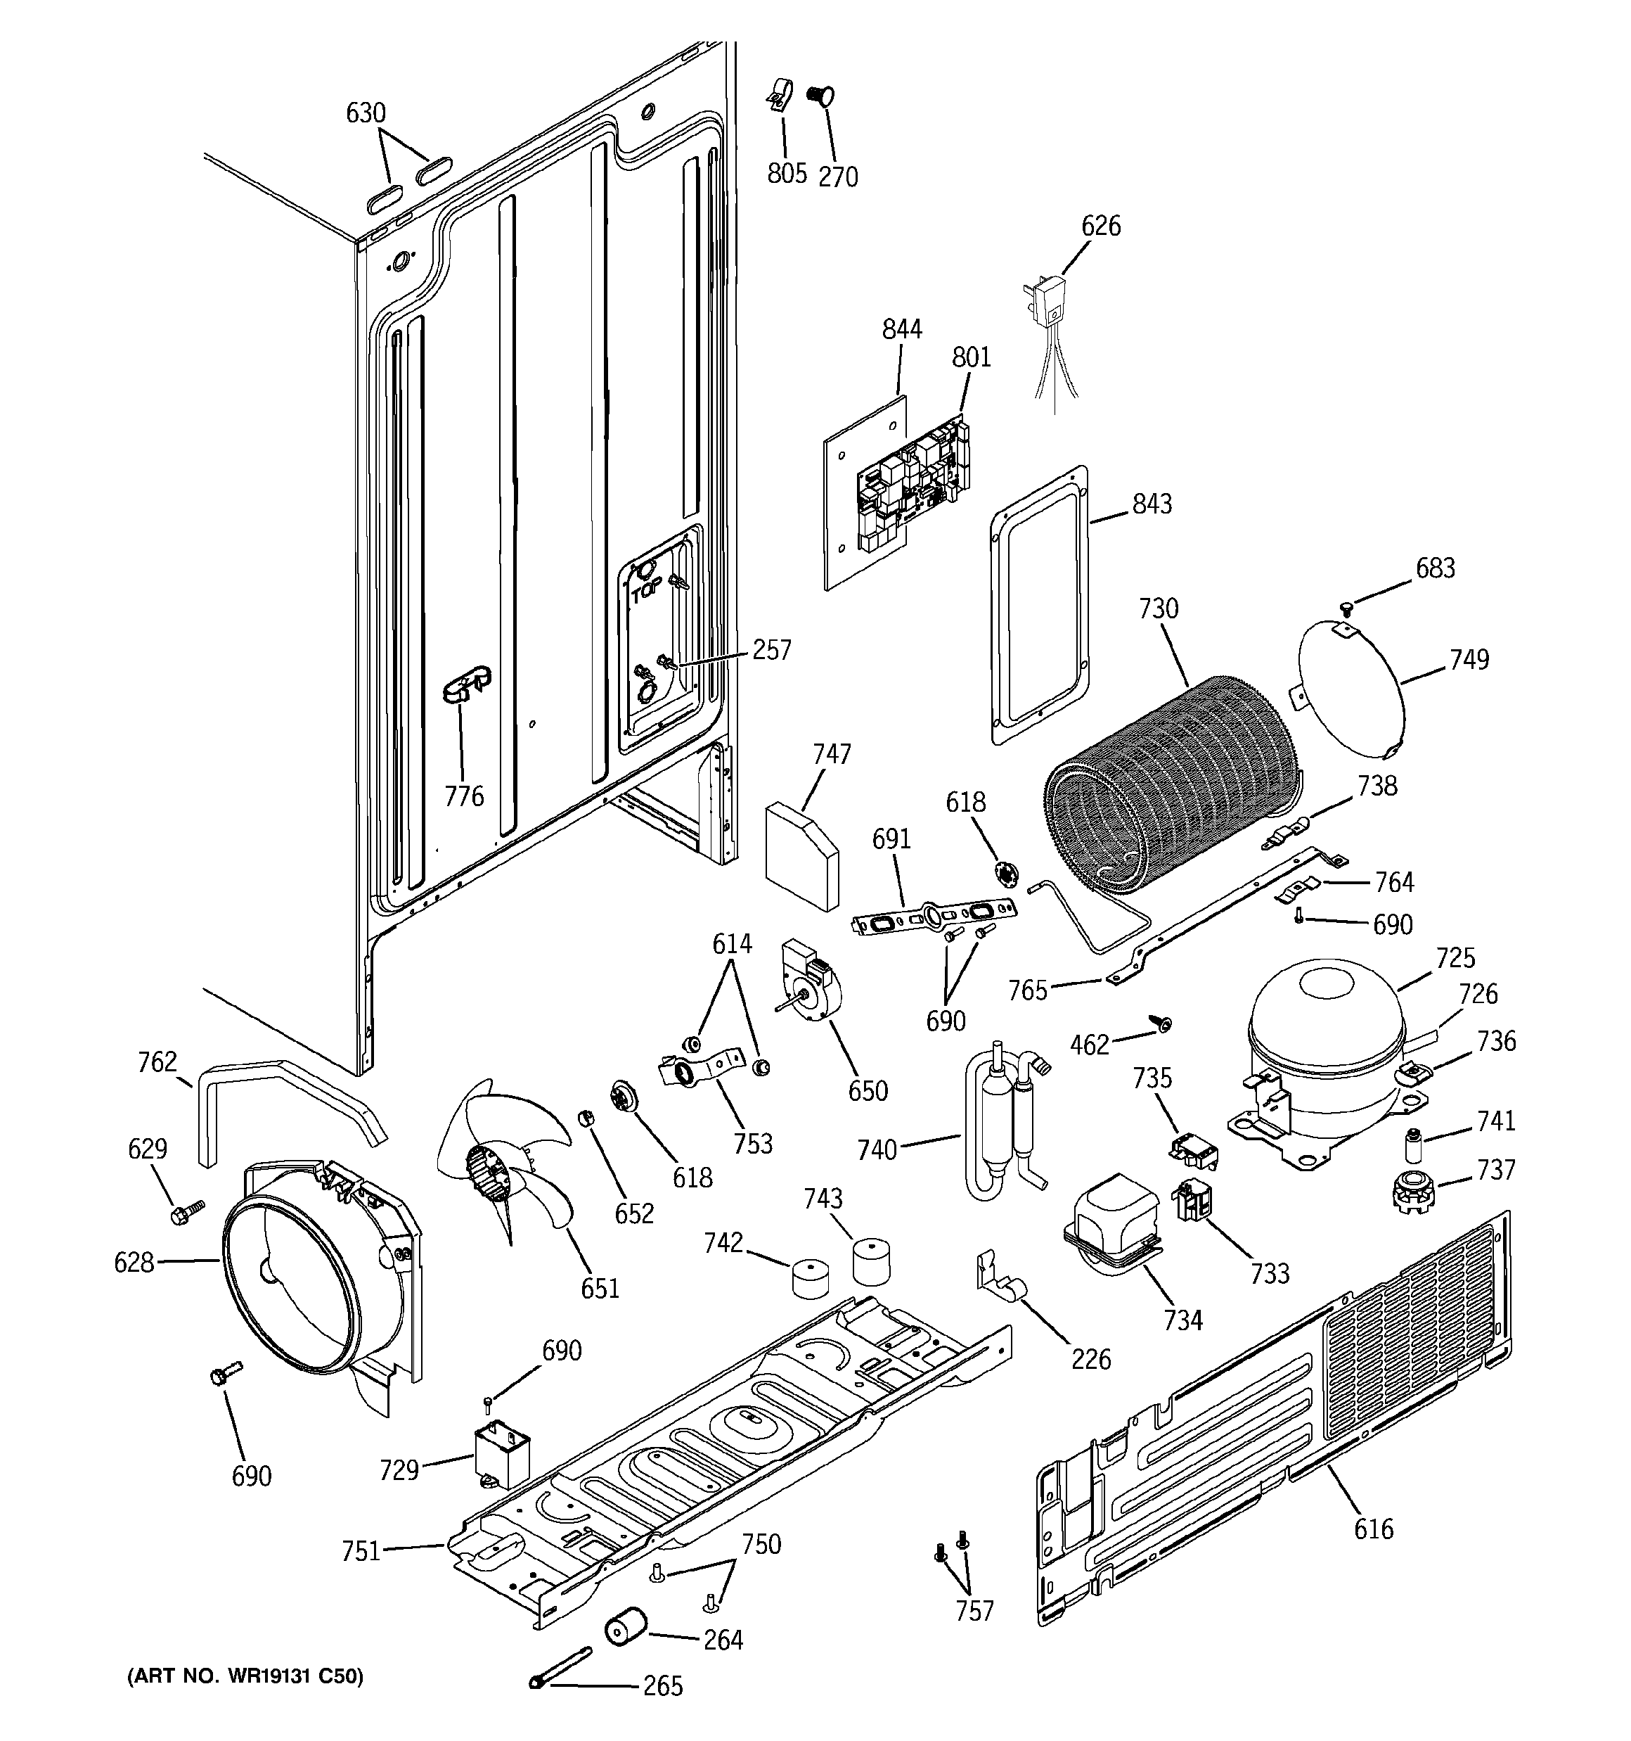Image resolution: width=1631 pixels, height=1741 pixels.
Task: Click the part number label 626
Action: pyautogui.click(x=1100, y=226)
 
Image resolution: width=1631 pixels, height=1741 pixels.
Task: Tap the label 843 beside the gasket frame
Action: pyautogui.click(x=1152, y=504)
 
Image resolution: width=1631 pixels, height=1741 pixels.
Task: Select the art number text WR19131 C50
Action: pyautogui.click(x=245, y=1676)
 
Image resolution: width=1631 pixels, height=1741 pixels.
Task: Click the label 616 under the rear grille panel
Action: pyautogui.click(x=1373, y=1529)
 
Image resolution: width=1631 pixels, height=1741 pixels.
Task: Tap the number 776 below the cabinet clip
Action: pyautogui.click(x=464, y=796)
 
